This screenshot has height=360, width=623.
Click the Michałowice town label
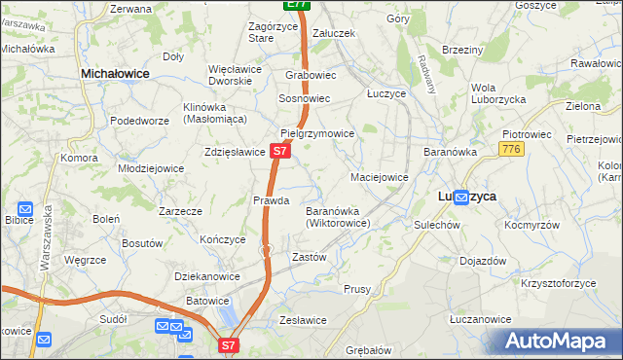click(x=122, y=73)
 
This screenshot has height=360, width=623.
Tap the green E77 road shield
click(x=298, y=5)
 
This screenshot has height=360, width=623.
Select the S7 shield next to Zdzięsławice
click(x=279, y=152)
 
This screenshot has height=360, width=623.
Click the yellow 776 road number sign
click(x=511, y=149)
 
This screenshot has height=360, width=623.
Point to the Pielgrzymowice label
click(x=317, y=132)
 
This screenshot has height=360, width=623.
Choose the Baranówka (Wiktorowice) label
click(x=337, y=216)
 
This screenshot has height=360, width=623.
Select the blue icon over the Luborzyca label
click(x=460, y=197)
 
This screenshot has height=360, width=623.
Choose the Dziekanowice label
click(x=207, y=276)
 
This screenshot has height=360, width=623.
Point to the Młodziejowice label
click(x=151, y=167)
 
